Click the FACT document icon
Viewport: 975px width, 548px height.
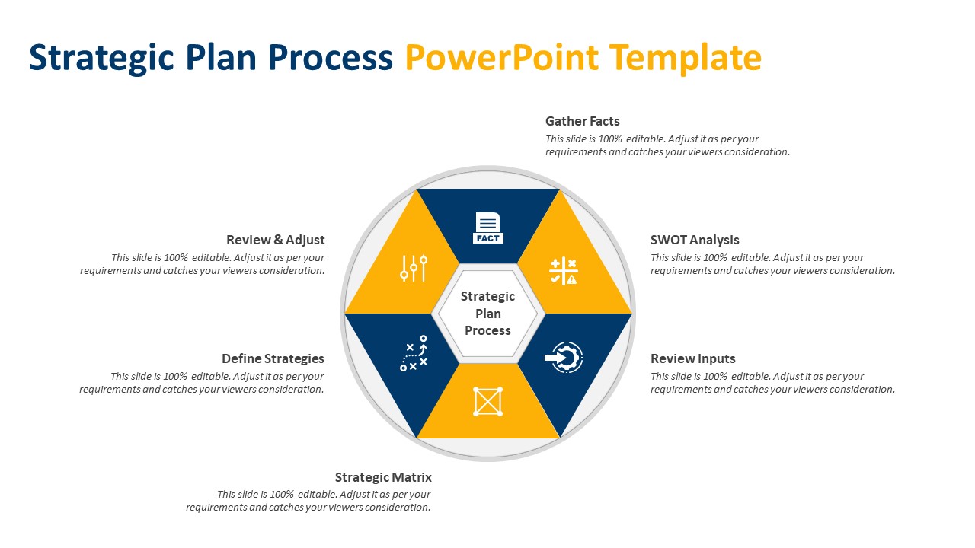tap(487, 228)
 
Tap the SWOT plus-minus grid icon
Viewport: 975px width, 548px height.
tap(564, 271)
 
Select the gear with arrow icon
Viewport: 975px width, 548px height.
tap(564, 357)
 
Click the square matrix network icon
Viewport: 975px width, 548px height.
tap(487, 401)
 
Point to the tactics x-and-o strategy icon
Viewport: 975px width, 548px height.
tap(414, 354)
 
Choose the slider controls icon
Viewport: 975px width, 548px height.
tap(414, 269)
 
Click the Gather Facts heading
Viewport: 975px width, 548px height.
tap(582, 121)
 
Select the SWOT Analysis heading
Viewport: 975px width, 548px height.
tap(694, 240)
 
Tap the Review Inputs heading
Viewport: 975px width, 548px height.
tap(692, 358)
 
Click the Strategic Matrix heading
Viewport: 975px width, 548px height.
tap(383, 477)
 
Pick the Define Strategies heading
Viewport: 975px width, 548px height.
tap(273, 358)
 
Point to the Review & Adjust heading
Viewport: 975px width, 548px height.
tap(275, 240)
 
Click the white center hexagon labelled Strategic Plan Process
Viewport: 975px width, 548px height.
tap(487, 313)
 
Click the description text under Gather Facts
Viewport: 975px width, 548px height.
tap(667, 145)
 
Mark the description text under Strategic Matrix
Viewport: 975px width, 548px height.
tap(308, 501)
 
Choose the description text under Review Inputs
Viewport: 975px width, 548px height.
tap(772, 383)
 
